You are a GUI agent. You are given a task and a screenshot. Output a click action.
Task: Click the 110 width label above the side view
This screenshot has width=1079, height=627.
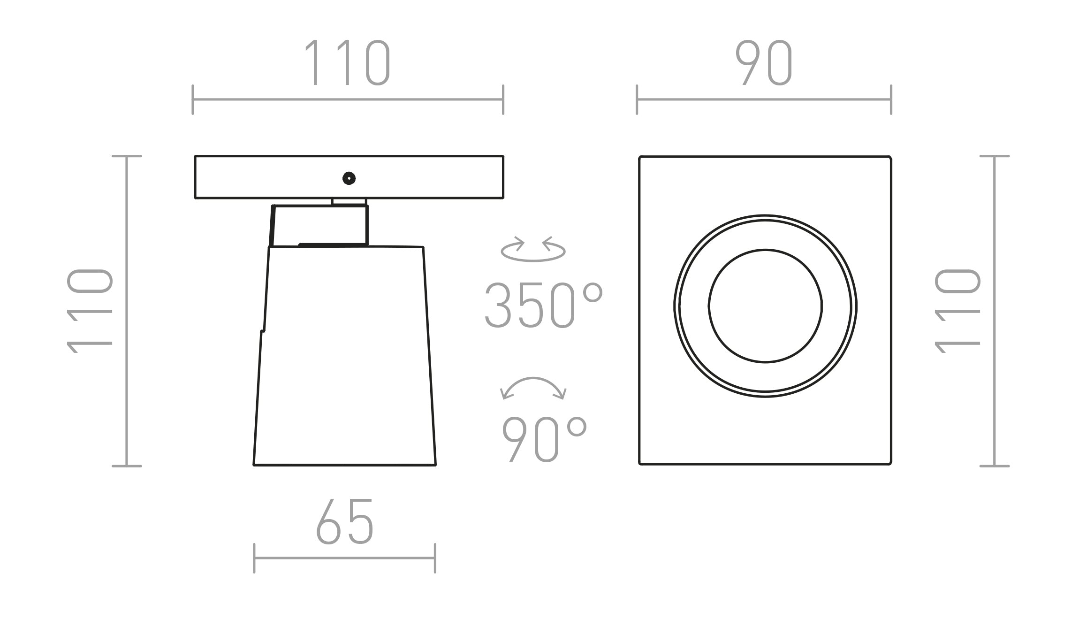tap(347, 63)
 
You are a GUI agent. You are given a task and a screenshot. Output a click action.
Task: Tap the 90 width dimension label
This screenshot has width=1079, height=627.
tap(764, 63)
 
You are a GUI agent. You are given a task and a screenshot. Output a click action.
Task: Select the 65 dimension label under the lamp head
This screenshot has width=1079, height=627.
tap(345, 522)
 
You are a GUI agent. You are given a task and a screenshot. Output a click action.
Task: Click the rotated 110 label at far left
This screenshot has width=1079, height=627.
tap(90, 311)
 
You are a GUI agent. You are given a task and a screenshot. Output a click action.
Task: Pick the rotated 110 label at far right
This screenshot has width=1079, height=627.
tap(957, 311)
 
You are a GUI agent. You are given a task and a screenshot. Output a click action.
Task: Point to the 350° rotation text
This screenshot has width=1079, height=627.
tap(543, 306)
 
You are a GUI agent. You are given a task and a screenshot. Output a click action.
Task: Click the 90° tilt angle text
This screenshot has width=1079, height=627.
tap(544, 439)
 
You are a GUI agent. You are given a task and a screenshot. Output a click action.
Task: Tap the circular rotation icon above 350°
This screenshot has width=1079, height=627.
tap(533, 250)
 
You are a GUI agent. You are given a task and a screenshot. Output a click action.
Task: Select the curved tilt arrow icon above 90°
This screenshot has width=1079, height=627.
tap(533, 387)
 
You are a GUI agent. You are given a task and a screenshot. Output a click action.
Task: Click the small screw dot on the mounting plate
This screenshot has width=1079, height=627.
tap(349, 178)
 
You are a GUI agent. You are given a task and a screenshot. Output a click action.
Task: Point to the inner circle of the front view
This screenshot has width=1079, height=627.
tap(765, 306)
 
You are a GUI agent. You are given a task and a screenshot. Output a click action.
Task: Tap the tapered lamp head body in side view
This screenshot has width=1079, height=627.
tap(345, 357)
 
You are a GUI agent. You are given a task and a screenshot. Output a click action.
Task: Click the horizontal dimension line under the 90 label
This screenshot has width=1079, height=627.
tap(764, 99)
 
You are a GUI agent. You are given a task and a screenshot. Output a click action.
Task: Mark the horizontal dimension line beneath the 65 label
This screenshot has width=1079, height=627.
tap(345, 558)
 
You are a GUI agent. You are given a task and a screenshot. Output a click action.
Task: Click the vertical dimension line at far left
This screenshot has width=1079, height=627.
tap(127, 311)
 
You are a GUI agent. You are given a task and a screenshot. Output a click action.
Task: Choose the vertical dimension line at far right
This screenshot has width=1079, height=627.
tap(994, 311)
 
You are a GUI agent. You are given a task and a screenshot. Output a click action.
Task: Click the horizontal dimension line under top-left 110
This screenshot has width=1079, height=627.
tap(347, 99)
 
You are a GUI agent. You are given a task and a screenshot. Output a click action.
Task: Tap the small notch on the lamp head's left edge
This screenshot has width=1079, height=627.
tap(262, 331)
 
